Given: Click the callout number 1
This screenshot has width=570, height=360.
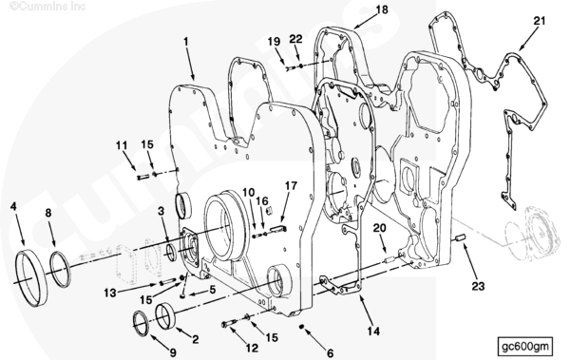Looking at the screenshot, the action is (186, 42).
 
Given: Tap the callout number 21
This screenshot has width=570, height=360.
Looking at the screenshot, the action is (540, 21).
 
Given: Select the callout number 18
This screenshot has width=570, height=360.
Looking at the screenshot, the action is (382, 9).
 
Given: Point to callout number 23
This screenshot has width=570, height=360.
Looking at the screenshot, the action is (479, 286).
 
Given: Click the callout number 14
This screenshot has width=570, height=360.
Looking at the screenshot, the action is (373, 331).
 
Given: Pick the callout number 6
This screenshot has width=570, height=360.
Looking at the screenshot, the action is (330, 353).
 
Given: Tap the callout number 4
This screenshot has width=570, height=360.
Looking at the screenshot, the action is (13, 206).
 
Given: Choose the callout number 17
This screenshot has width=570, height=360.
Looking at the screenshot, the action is (291, 186).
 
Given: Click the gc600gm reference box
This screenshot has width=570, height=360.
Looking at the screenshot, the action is (525, 346).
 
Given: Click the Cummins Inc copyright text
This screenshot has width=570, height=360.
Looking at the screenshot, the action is (47, 7).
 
